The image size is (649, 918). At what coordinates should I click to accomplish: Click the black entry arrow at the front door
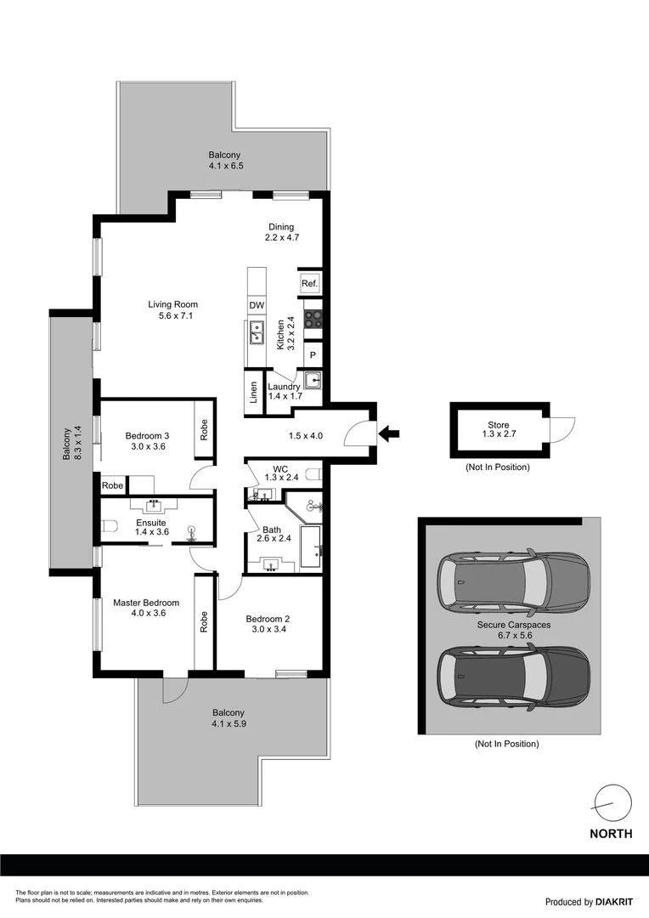click(x=388, y=434)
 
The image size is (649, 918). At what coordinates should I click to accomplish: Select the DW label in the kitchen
click(x=256, y=305)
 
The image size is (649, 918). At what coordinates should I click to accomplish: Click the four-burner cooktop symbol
click(x=313, y=320)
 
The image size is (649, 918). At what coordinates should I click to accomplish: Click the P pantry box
click(x=312, y=355)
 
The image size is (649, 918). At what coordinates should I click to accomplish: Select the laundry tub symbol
click(x=312, y=381)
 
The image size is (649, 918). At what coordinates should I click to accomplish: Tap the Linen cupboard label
click(x=253, y=392)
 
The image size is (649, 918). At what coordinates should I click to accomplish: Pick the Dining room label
click(x=281, y=227)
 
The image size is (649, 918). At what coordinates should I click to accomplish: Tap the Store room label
click(x=498, y=425)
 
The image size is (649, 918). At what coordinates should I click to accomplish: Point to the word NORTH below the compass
click(x=611, y=834)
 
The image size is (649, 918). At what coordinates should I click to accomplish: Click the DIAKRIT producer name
click(x=614, y=902)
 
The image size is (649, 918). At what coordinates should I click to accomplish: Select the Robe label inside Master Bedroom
click(x=204, y=622)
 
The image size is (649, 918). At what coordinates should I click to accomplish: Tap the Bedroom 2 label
click(x=268, y=619)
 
